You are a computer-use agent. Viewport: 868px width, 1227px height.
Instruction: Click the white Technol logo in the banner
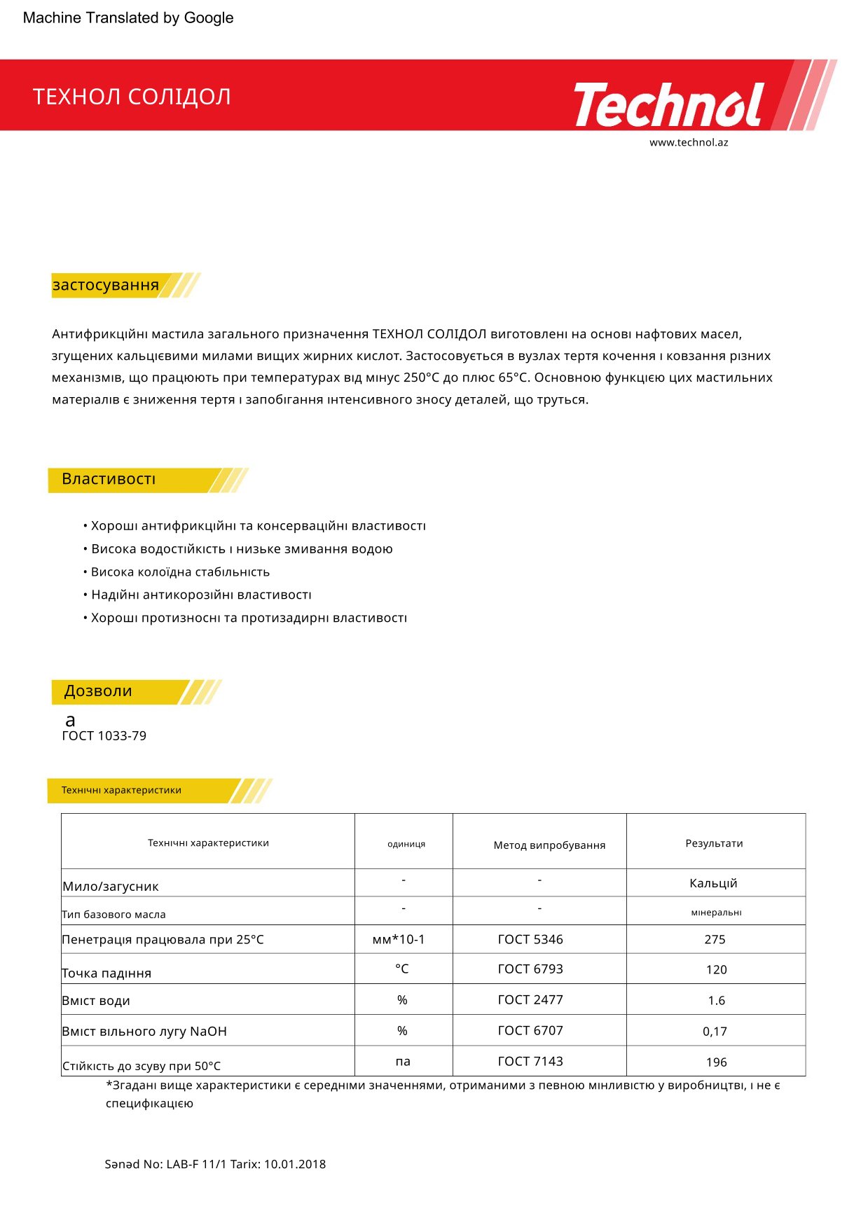tap(669, 105)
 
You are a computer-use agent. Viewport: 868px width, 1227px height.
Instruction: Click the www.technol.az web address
tap(689, 142)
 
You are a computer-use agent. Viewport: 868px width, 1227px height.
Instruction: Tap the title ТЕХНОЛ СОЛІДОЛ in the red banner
tap(132, 97)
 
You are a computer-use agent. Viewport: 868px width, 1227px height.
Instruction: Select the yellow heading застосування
tap(106, 285)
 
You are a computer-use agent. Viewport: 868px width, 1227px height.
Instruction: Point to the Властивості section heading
tap(109, 479)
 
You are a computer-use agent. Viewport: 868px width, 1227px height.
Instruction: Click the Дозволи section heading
tap(98, 691)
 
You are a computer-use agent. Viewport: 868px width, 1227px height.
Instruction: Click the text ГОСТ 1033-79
tap(104, 736)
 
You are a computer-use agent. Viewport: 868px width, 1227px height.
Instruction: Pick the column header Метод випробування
tap(549, 845)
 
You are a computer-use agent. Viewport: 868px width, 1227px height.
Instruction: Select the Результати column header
tap(714, 843)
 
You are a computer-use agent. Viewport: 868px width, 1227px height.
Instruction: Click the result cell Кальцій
tap(713, 884)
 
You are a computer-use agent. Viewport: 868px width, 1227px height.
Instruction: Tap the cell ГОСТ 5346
tap(530, 940)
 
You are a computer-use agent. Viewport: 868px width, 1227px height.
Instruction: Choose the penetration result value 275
tap(715, 940)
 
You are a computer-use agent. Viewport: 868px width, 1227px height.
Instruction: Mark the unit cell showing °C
tap(402, 969)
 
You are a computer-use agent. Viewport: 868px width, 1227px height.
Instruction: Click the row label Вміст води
tap(96, 1001)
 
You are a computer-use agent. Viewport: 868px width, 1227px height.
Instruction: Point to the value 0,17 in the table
tap(715, 1032)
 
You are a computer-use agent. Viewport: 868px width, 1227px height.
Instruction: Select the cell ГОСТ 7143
tap(530, 1062)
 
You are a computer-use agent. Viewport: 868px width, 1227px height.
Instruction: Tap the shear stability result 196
tap(716, 1062)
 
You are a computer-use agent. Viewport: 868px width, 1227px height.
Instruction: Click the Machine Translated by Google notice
tap(128, 18)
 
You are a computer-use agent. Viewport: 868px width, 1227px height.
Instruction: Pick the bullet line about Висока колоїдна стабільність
tap(180, 572)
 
